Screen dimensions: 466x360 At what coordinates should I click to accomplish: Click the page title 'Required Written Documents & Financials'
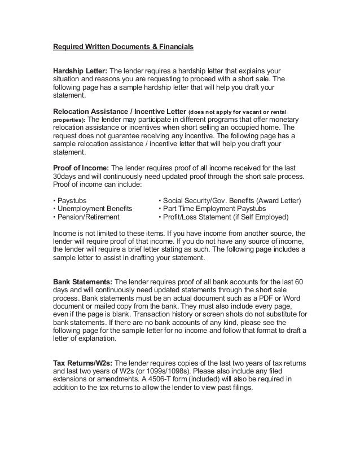point(123,47)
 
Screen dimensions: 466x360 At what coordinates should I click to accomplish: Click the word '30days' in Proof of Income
point(65,177)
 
